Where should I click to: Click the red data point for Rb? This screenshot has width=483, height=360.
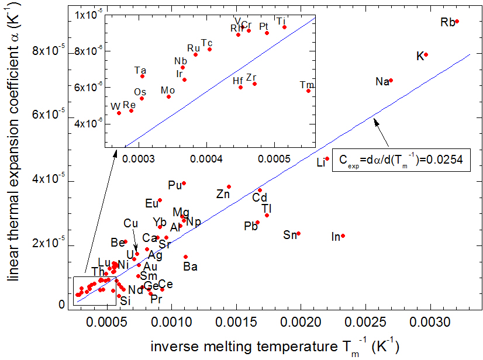(x=457, y=22)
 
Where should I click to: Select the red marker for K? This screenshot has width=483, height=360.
(x=426, y=55)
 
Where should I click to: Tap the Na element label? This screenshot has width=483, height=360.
(x=382, y=82)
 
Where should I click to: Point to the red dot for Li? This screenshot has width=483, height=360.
(x=327, y=159)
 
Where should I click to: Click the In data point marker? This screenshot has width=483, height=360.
(x=343, y=236)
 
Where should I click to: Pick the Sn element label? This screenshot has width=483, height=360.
(x=290, y=235)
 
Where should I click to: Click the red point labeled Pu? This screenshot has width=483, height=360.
(x=184, y=183)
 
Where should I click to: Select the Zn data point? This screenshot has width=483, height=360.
(x=229, y=187)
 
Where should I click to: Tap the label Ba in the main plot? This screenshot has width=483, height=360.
(x=190, y=267)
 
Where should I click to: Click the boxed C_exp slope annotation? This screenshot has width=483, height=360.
(x=401, y=160)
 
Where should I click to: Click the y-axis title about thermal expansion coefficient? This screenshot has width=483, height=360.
(x=13, y=158)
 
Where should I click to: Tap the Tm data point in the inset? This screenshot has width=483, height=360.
(x=308, y=91)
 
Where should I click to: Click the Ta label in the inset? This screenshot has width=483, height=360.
(x=140, y=70)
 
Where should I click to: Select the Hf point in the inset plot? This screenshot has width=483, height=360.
(x=240, y=87)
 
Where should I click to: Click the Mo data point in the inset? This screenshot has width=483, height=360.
(x=168, y=96)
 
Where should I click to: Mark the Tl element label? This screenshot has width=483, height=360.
(x=267, y=208)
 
